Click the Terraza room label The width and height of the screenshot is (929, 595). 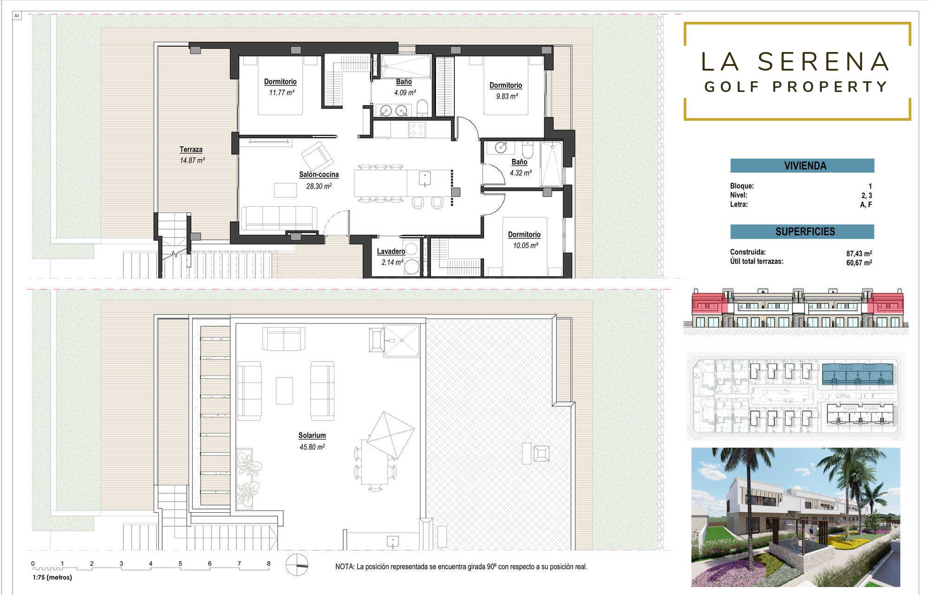[x=191, y=150]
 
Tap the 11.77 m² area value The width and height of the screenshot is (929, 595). [x=281, y=92]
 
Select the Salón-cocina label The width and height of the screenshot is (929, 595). [x=319, y=175]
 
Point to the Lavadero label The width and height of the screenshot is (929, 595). [x=391, y=251]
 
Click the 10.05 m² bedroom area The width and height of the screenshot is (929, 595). [x=525, y=245]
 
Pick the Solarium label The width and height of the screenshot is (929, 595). [x=312, y=435]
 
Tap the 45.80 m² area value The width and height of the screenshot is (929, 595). [x=312, y=447]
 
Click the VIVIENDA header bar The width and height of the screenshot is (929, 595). [x=802, y=166]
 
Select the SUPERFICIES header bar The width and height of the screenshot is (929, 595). [x=802, y=231]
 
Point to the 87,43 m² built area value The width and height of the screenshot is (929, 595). [x=859, y=254]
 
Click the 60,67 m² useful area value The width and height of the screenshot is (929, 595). [x=859, y=263]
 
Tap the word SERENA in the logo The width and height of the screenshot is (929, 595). [x=823, y=62]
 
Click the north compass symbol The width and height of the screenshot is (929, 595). [x=297, y=565]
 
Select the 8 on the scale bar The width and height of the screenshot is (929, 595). [x=268, y=563]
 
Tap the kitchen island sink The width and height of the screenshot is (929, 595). [x=425, y=178]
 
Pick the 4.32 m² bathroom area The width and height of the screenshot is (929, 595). [x=521, y=173]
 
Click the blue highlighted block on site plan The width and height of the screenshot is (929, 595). [x=857, y=374]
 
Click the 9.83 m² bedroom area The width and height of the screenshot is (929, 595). [x=507, y=96]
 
